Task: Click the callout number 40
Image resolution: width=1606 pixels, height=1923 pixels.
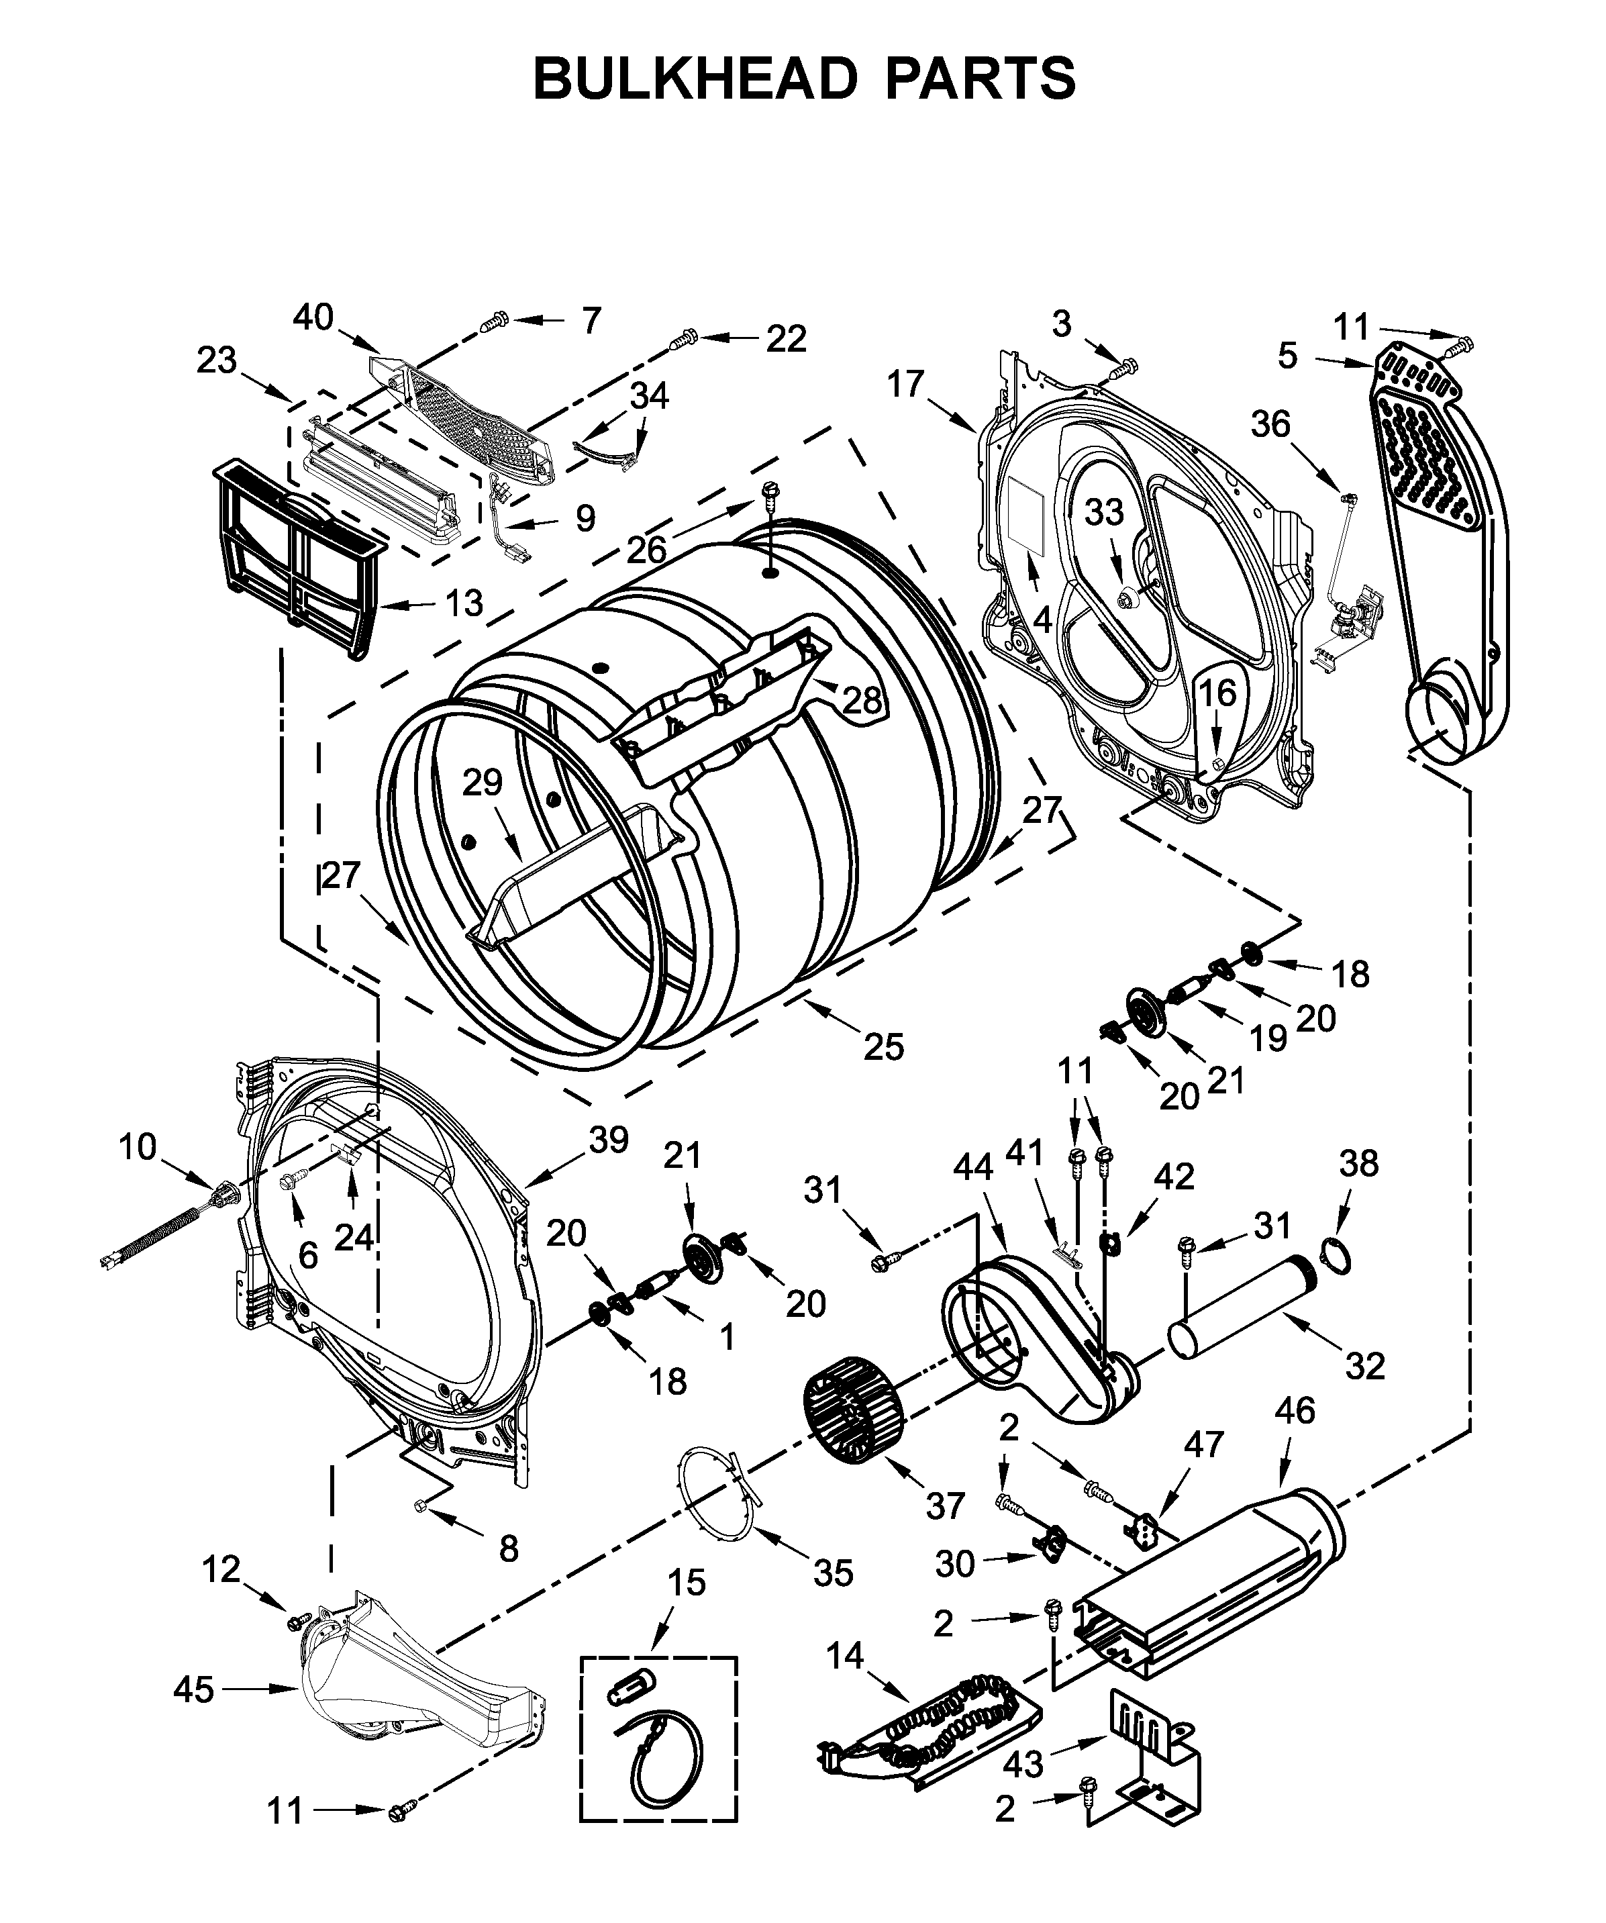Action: pos(313,317)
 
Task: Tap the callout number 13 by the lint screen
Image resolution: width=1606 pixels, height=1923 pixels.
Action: pos(464,603)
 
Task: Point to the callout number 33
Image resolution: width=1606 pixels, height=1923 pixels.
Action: pos(1103,513)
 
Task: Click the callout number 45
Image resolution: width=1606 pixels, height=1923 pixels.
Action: pos(194,1689)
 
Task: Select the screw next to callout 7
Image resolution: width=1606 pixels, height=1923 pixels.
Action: pos(495,322)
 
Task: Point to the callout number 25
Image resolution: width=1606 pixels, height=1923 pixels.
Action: pos(885,1046)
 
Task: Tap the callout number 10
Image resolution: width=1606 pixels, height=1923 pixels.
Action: pos(138,1146)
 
